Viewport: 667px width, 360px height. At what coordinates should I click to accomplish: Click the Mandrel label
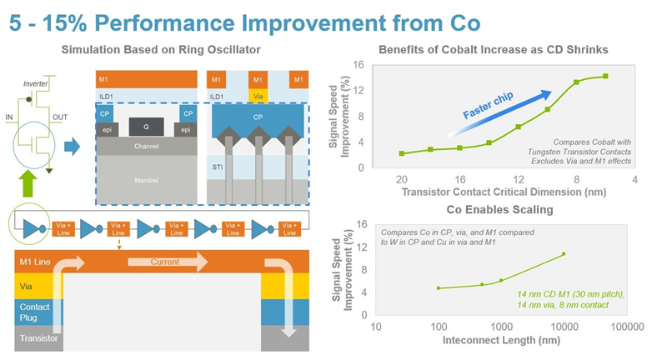(x=147, y=179)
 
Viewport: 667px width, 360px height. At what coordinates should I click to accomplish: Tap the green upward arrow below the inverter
(x=28, y=183)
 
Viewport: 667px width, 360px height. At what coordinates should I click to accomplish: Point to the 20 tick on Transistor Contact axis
(x=401, y=179)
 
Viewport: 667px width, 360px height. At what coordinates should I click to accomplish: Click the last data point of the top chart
(x=604, y=76)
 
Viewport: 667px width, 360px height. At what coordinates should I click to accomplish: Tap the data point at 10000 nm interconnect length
(x=564, y=253)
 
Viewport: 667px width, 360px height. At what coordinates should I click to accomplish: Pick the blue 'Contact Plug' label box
(x=28, y=311)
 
